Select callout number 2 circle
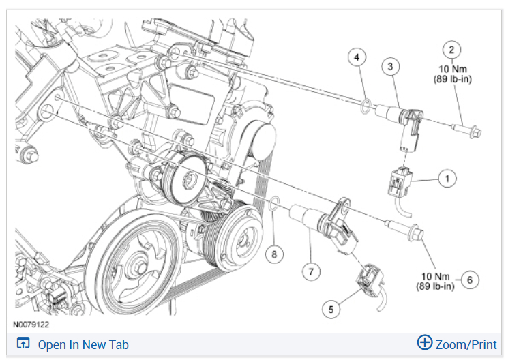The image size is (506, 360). click(x=451, y=48)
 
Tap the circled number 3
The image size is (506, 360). click(x=390, y=66)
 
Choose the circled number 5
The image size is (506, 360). click(x=331, y=309)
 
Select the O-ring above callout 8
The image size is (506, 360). click(x=273, y=204)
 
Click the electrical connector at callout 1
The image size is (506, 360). click(x=400, y=181)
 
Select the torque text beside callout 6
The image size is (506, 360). click(x=434, y=281)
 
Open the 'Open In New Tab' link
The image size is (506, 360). click(x=83, y=345)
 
